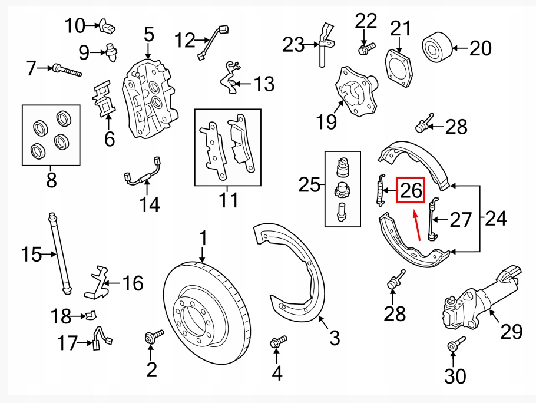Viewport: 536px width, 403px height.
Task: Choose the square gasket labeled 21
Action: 400,68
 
